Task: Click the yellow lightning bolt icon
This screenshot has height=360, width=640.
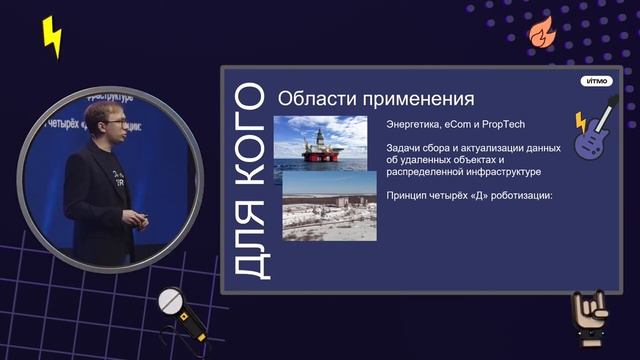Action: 51,38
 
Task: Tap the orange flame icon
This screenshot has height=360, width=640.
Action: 541,33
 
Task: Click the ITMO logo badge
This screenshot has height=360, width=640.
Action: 596,82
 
